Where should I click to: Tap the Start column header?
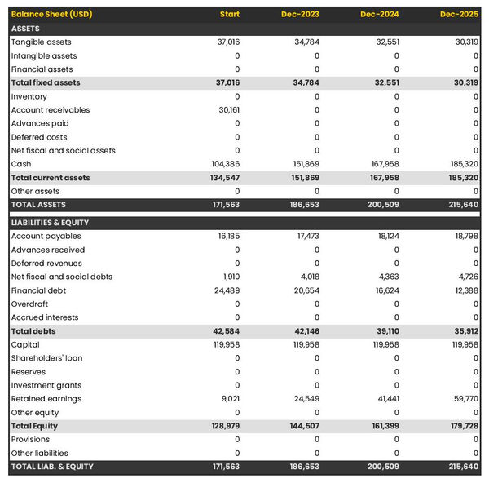[x=230, y=15]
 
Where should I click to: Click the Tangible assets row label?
[x=41, y=42]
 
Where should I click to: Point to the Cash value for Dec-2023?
[x=305, y=164]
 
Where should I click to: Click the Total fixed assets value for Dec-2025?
[x=463, y=82]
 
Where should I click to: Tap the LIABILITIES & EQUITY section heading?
[x=51, y=223]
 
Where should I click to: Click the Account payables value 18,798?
[x=464, y=237]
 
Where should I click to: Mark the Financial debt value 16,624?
[x=385, y=290]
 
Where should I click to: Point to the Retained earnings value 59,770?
[x=464, y=399]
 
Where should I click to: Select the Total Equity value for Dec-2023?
[x=304, y=426]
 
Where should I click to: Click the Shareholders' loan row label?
[x=47, y=358]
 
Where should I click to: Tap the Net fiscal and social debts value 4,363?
[x=386, y=277]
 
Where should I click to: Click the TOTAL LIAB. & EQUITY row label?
[x=52, y=467]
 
